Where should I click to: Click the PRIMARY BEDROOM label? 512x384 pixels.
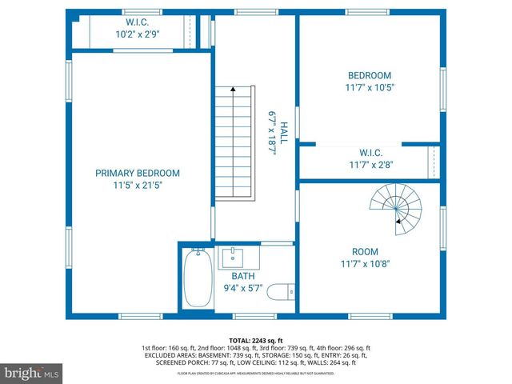click(x=137, y=173)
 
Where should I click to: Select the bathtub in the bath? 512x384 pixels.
click(x=196, y=278)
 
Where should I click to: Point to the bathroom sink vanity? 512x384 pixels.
click(x=237, y=258)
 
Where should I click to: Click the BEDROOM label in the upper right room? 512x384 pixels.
click(x=369, y=74)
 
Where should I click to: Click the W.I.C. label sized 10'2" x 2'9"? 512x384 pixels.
click(x=137, y=22)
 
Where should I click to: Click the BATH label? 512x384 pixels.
click(x=243, y=276)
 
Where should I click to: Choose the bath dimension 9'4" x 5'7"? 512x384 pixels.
click(x=243, y=288)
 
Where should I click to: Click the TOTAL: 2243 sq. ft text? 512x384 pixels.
click(x=257, y=340)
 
